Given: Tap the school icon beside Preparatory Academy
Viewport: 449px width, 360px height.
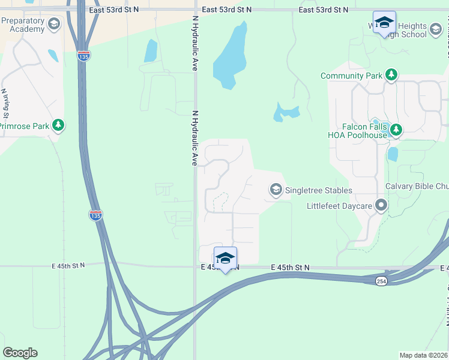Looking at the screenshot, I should tap(53, 25).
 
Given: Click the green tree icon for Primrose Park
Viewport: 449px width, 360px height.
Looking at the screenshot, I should tap(58, 125).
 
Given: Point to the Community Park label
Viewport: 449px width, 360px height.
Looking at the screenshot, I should tap(351, 76).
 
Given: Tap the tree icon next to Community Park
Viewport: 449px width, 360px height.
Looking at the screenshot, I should tap(391, 75).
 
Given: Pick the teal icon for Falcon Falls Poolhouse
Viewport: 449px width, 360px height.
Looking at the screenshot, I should tap(396, 129).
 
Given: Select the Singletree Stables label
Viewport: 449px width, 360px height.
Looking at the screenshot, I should tap(318, 191).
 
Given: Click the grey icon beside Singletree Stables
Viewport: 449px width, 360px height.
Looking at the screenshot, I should tap(276, 190).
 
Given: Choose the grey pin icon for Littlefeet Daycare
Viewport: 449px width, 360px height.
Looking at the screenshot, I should tap(381, 206).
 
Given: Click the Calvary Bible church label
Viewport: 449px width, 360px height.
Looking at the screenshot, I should tap(417, 186).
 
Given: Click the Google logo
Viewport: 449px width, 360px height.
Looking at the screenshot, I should tap(20, 353).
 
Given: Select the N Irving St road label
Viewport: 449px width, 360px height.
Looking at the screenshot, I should tap(5, 103).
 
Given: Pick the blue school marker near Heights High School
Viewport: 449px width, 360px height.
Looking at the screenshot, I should tap(384, 23).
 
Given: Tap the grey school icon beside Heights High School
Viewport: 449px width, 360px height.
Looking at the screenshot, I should tap(436, 28).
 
